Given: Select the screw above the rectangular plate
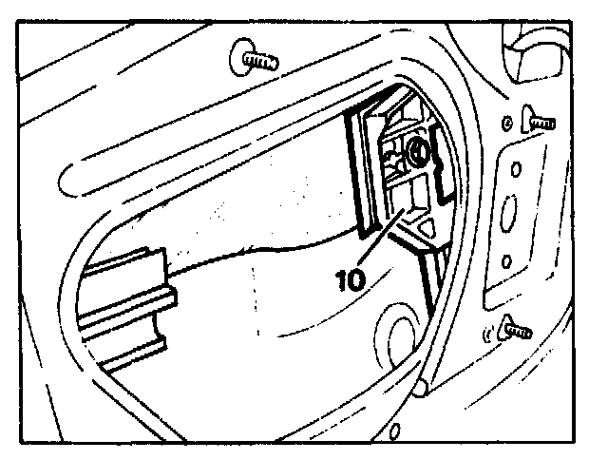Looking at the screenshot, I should (x=537, y=122).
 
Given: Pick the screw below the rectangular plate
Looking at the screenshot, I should (x=514, y=329).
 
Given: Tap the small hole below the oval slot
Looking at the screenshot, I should (x=508, y=259).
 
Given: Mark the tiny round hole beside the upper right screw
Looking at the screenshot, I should (x=506, y=123).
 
